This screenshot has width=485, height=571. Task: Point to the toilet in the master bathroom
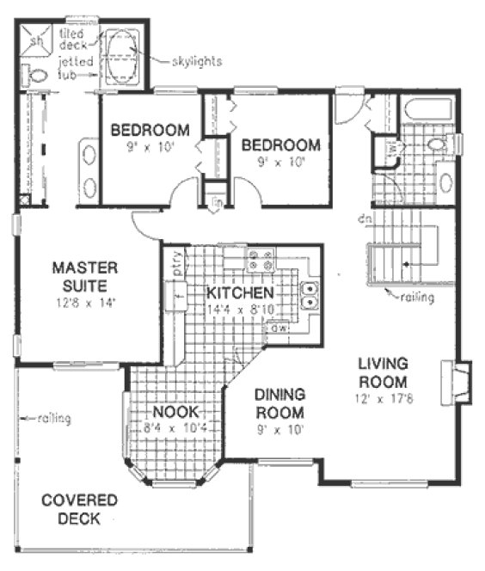click(38, 77)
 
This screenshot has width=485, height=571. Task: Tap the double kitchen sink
click(310, 296)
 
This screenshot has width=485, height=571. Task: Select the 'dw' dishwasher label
click(279, 328)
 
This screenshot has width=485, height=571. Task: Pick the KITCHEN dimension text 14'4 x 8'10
click(241, 309)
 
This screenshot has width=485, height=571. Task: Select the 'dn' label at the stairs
click(365, 222)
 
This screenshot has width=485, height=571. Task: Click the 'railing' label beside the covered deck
click(53, 419)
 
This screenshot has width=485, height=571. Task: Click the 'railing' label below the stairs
click(416, 298)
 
